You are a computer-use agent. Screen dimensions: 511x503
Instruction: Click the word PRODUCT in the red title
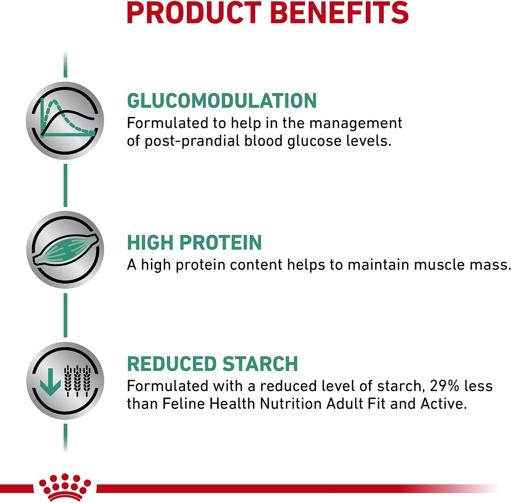(194, 12)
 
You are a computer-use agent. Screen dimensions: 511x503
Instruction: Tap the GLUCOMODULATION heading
(222, 101)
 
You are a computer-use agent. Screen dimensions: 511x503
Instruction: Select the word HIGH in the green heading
(150, 242)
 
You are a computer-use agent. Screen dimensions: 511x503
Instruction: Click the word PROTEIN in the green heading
(221, 242)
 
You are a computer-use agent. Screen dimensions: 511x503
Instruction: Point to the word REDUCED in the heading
(172, 364)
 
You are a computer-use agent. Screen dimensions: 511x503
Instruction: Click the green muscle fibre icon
(65, 250)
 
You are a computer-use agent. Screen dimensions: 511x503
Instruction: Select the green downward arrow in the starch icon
(50, 382)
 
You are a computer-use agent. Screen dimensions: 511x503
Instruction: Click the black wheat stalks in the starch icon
(78, 381)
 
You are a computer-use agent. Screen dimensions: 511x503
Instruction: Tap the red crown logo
(65, 487)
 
